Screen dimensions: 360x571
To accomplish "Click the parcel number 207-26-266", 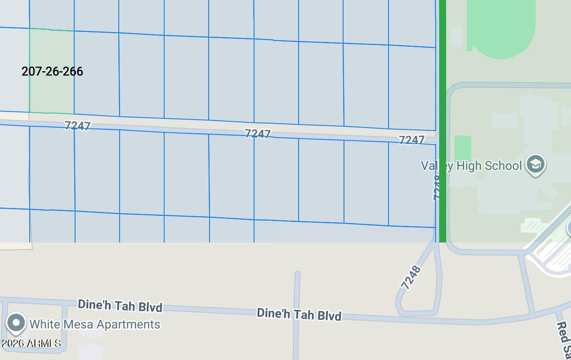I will coord(52,71).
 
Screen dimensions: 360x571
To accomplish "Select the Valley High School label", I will coord(471,166).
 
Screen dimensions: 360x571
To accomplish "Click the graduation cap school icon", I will coord(536,165).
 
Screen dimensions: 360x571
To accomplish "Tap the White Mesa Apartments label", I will coord(95,324).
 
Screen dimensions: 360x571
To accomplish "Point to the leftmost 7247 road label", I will coord(78,125).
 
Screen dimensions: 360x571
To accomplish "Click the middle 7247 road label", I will coord(258,133).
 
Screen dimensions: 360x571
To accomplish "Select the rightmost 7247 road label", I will coord(411,139).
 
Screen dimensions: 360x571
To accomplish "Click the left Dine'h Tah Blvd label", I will coord(120,305).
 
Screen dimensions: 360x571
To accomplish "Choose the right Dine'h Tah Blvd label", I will coord(299,314).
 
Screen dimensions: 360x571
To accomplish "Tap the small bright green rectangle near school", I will coord(463,147).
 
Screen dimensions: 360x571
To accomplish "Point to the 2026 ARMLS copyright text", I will coord(31,343).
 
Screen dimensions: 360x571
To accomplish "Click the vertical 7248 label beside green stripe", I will coord(436,188).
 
